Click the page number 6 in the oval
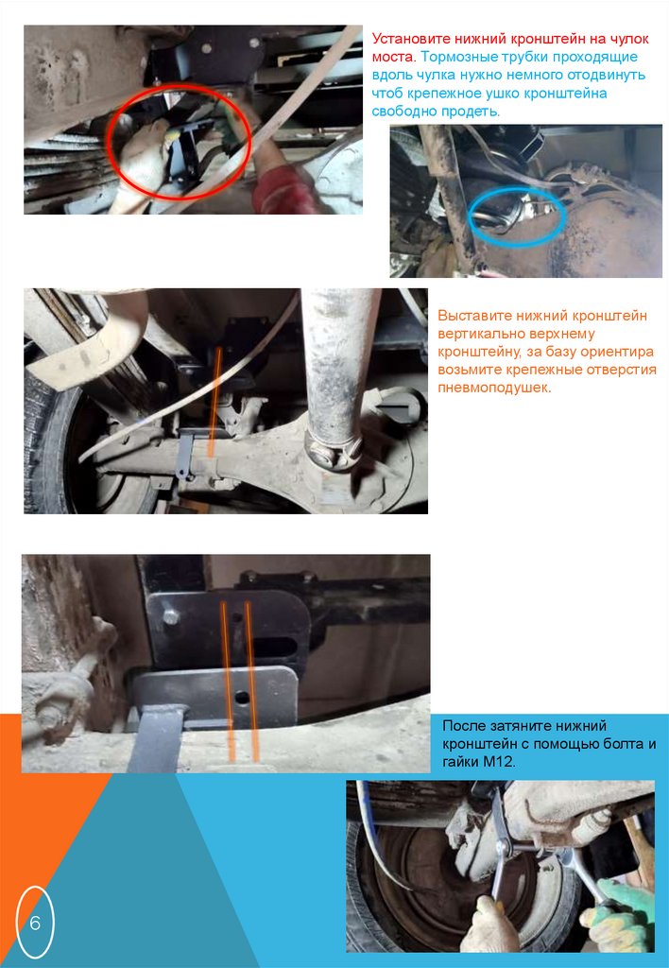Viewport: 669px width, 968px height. (x=35, y=924)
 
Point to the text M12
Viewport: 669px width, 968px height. (x=501, y=762)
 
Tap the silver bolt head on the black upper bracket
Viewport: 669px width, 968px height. (x=170, y=616)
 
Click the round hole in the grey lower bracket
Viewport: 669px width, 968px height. (x=243, y=699)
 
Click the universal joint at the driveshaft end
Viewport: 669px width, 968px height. (x=334, y=452)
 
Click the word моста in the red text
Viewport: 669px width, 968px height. (x=393, y=58)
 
